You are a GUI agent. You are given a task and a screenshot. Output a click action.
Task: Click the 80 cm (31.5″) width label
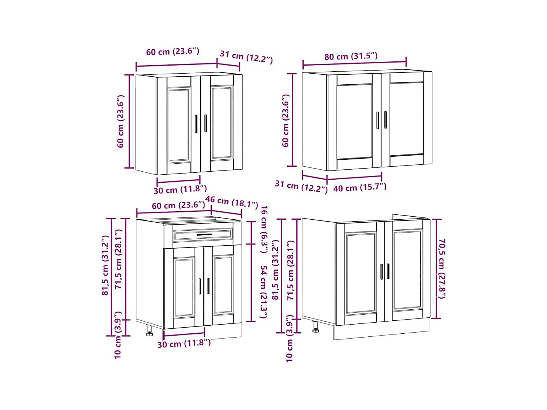351,56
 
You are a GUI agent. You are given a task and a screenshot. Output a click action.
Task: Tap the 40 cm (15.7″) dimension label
360,188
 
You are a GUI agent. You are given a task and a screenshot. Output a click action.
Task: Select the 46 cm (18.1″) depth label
232,202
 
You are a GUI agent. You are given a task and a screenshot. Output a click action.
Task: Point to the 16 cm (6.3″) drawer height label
264,230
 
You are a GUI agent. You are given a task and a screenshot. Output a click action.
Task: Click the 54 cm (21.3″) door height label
264,292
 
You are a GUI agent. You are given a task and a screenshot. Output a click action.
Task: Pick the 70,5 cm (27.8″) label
441,269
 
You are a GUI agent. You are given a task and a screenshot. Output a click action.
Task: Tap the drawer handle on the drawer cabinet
204,235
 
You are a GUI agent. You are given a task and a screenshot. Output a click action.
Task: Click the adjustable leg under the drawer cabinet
150,331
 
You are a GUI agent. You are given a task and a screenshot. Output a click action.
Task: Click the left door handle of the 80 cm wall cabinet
378,120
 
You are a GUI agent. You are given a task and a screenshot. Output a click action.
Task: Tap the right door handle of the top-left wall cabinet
206,123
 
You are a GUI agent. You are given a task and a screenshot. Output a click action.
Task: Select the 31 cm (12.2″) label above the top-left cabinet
246,57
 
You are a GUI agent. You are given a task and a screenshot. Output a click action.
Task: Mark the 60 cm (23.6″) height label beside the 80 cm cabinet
286,121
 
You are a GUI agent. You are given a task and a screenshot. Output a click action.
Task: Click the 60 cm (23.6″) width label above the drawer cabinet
179,205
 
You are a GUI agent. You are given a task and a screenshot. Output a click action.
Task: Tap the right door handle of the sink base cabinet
388,271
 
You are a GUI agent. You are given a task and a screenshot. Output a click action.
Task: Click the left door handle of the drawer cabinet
200,286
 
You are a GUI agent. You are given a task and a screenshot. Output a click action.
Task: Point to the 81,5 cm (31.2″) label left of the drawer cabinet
105,265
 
